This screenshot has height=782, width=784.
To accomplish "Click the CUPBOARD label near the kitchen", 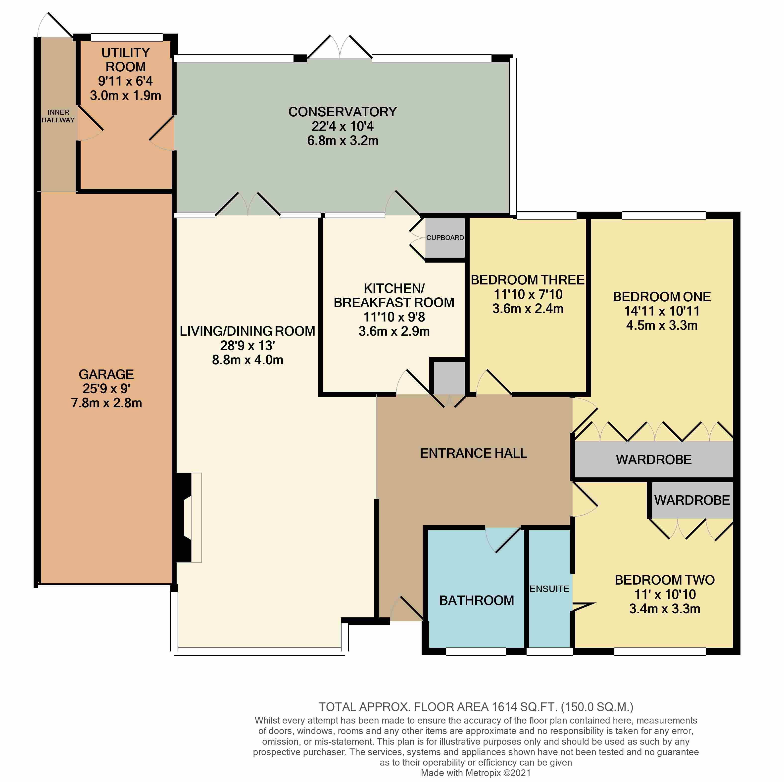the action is point(445,238).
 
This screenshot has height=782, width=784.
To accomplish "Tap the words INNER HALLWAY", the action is point(58,116).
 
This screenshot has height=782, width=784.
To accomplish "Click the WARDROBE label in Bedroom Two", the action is point(692,500).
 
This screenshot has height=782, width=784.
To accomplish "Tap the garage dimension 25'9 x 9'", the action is point(106,389).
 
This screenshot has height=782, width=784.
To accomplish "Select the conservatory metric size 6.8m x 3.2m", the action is point(343,141).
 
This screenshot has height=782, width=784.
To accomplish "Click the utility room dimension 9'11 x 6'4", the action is point(125,81).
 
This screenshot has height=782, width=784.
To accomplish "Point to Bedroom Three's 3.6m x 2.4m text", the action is point(528,309).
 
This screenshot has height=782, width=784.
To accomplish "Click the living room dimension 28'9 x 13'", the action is point(247,346).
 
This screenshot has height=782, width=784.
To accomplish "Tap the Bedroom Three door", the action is point(494,382).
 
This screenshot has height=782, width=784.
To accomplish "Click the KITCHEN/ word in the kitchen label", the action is point(394,288).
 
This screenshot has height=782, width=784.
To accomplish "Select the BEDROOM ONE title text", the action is point(662,297).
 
